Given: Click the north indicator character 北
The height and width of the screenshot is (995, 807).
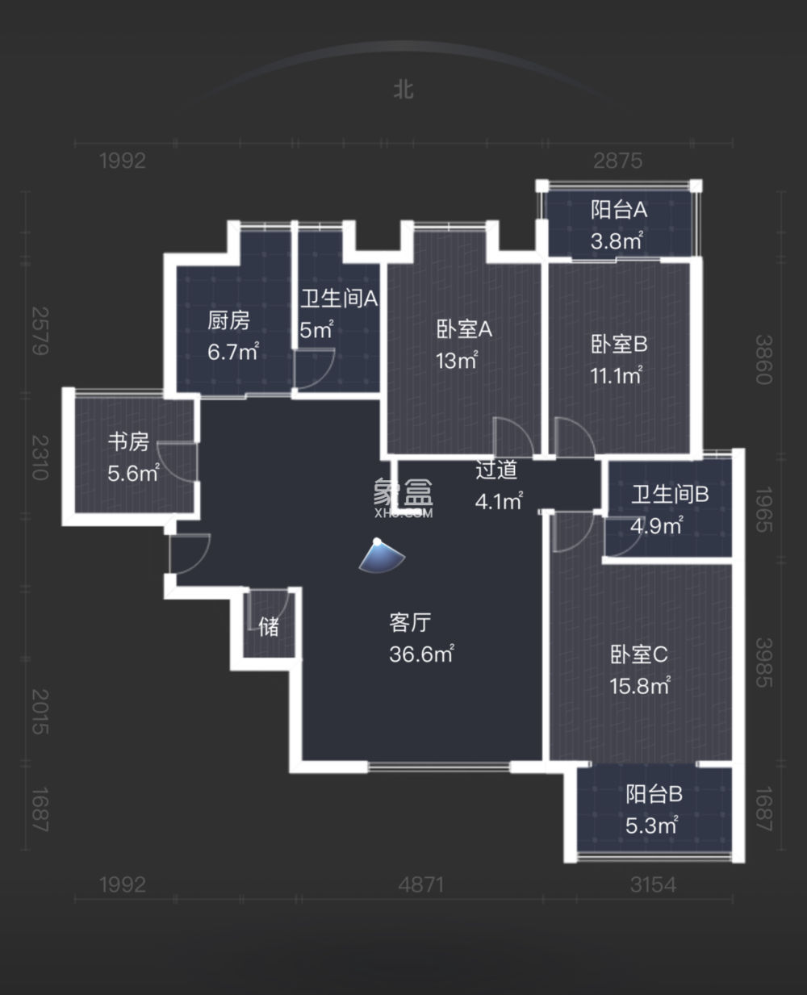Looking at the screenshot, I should pos(403,89).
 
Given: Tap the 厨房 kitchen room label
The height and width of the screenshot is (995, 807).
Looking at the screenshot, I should pos(228,321).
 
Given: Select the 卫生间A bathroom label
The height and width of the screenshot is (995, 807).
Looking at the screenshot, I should pos(339,299).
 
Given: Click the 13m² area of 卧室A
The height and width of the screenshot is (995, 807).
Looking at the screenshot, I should pos(457,361).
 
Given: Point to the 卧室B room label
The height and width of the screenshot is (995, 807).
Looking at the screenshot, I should pos(619,345).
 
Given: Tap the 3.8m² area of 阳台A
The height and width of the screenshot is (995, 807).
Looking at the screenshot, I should pos(617,240).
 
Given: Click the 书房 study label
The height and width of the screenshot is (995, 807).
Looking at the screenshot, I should pos(129,442).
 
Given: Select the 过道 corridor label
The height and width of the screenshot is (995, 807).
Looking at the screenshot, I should pos(495,470).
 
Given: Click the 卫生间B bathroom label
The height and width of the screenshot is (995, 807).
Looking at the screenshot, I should pos(669,494).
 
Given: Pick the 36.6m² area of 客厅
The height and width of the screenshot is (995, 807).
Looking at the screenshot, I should pos(421,654).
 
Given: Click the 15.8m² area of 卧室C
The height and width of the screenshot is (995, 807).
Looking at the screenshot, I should pos(640,686).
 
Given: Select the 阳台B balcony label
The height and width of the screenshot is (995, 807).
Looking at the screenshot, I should pos(654,794).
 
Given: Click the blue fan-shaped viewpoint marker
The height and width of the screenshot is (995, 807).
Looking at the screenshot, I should pos(381,556).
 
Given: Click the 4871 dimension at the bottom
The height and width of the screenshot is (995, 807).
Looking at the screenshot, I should pos(421,884).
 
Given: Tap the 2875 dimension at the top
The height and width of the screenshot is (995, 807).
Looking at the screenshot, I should pos(618,161).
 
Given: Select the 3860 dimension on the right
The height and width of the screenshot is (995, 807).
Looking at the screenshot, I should pos(763,359).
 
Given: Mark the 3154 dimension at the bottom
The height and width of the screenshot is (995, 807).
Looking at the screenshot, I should pos(653,884).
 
